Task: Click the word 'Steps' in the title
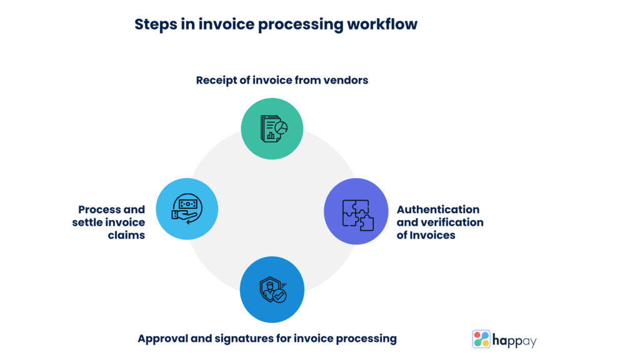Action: (x=154, y=24)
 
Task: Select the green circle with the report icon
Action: (x=272, y=128)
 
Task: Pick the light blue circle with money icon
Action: (x=187, y=209)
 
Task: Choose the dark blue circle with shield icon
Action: (x=272, y=291)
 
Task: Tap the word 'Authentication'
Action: (x=438, y=209)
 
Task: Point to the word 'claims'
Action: (x=129, y=235)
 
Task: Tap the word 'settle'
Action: (x=90, y=222)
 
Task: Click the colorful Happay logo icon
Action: (x=481, y=339)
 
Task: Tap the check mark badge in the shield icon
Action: (x=279, y=296)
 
